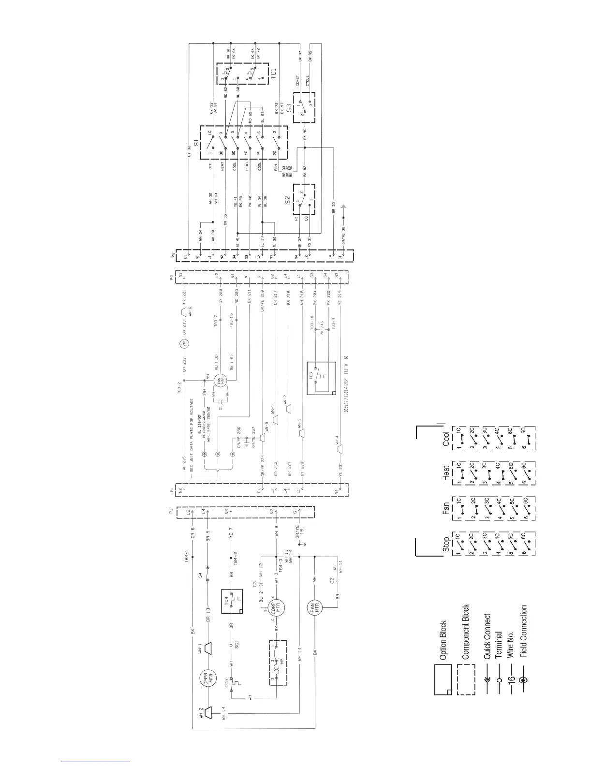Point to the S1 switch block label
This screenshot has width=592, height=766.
[x=196, y=143]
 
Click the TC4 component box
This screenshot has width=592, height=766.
[x=232, y=602]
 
